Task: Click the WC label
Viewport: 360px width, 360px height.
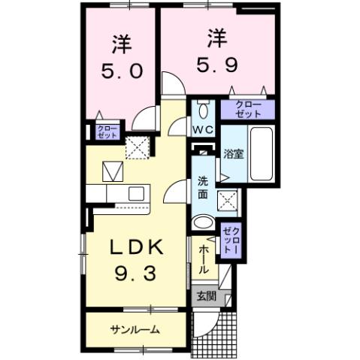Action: pyautogui.click(x=202, y=130)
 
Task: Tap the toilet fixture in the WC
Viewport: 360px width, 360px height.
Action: pyautogui.click(x=202, y=110)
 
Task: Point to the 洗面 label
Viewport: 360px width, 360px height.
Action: pyautogui.click(x=204, y=186)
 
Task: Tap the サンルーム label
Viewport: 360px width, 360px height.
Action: pyautogui.click(x=136, y=329)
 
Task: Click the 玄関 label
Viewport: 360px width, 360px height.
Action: pyautogui.click(x=206, y=296)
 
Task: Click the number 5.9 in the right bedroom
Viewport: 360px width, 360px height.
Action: pyautogui.click(x=217, y=64)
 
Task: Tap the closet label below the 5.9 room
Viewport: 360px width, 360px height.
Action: pyautogui.click(x=247, y=109)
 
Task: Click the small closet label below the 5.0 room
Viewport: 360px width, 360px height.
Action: pyautogui.click(x=103, y=133)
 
